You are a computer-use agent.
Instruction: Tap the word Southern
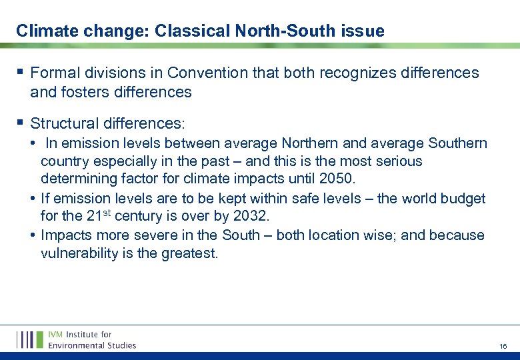click(x=458, y=143)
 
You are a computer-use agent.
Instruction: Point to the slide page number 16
click(x=503, y=347)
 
